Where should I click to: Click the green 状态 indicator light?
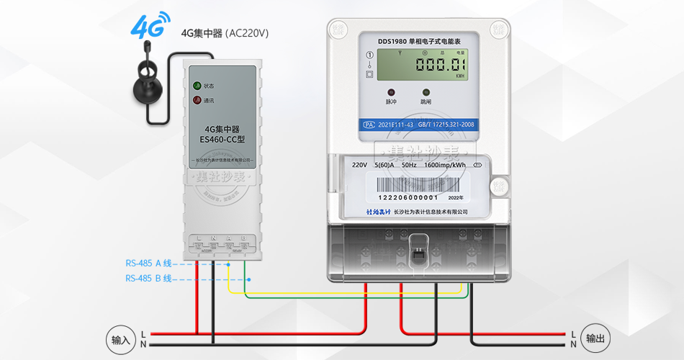[x=197, y=86]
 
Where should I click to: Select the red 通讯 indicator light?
[x=197, y=100]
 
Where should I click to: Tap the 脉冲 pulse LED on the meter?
[x=392, y=93]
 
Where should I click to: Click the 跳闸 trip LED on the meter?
[x=426, y=93]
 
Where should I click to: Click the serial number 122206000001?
[x=408, y=197]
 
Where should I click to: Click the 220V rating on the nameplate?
[x=359, y=165]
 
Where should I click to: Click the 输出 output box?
[x=595, y=339]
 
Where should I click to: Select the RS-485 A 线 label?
[x=149, y=264]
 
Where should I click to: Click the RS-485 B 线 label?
[x=149, y=279]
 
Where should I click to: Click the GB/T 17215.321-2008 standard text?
[x=446, y=125]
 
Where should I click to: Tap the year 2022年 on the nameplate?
[x=456, y=197]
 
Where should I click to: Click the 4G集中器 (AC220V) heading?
[x=224, y=33]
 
